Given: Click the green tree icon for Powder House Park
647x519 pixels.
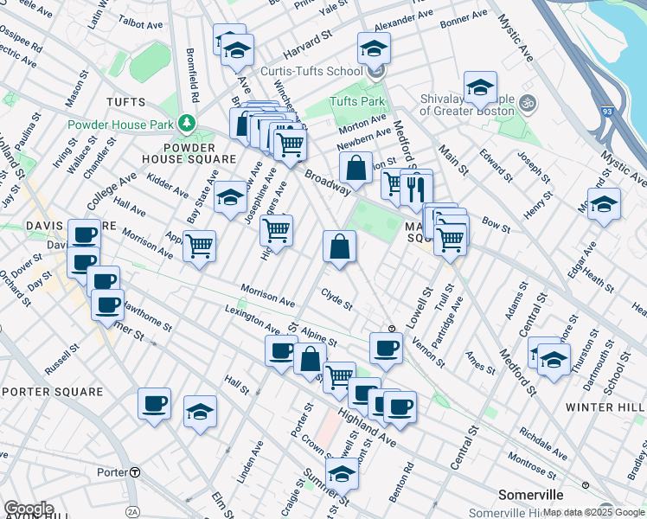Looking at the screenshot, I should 185,124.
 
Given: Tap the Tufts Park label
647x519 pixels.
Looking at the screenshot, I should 356,101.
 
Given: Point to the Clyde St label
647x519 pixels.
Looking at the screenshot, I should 336,299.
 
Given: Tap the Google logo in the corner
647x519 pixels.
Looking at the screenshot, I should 29,509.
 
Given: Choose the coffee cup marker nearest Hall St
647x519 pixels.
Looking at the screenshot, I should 155,403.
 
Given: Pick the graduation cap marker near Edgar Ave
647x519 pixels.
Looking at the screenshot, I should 605,204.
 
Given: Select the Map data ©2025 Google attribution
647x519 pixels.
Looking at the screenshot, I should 593,512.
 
